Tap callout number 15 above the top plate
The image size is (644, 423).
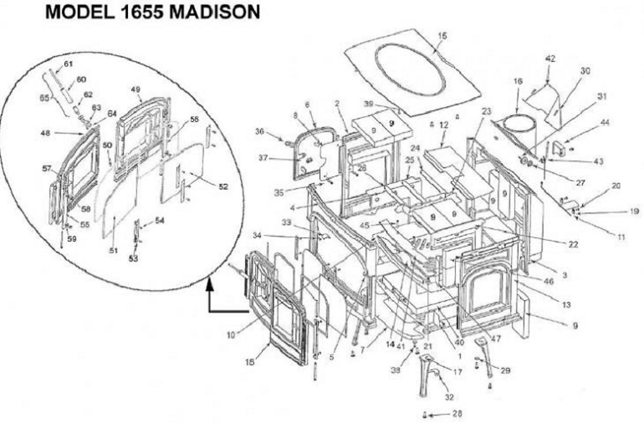tap(442, 36)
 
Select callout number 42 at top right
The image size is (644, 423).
tap(549, 59)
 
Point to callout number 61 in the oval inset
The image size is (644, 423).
tap(69, 64)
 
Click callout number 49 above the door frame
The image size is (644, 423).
tap(135, 89)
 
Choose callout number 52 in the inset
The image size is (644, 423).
tap(222, 186)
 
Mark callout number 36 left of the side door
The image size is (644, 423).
tap(260, 131)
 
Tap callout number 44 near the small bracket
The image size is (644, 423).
tap(581, 122)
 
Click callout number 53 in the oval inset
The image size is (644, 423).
tap(133, 258)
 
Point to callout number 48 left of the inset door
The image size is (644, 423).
tap(47, 132)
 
